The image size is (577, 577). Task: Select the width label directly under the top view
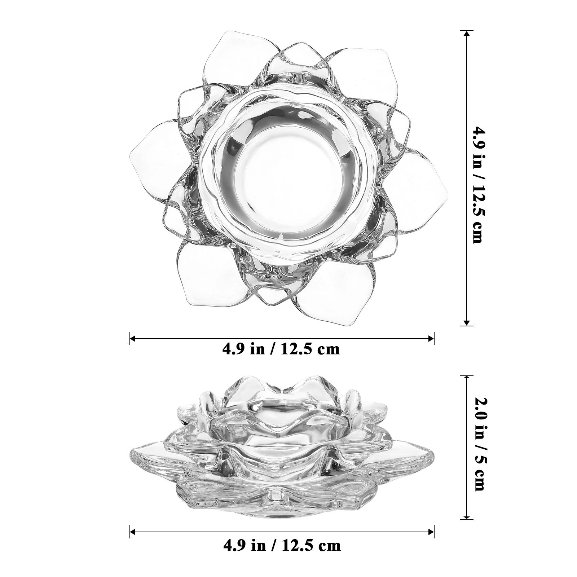coord(281,349)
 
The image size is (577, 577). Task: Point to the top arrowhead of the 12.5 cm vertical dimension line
coord(467,34)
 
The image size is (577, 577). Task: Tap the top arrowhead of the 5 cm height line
coord(467,379)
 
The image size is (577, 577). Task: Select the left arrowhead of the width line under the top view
coord(133,338)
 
